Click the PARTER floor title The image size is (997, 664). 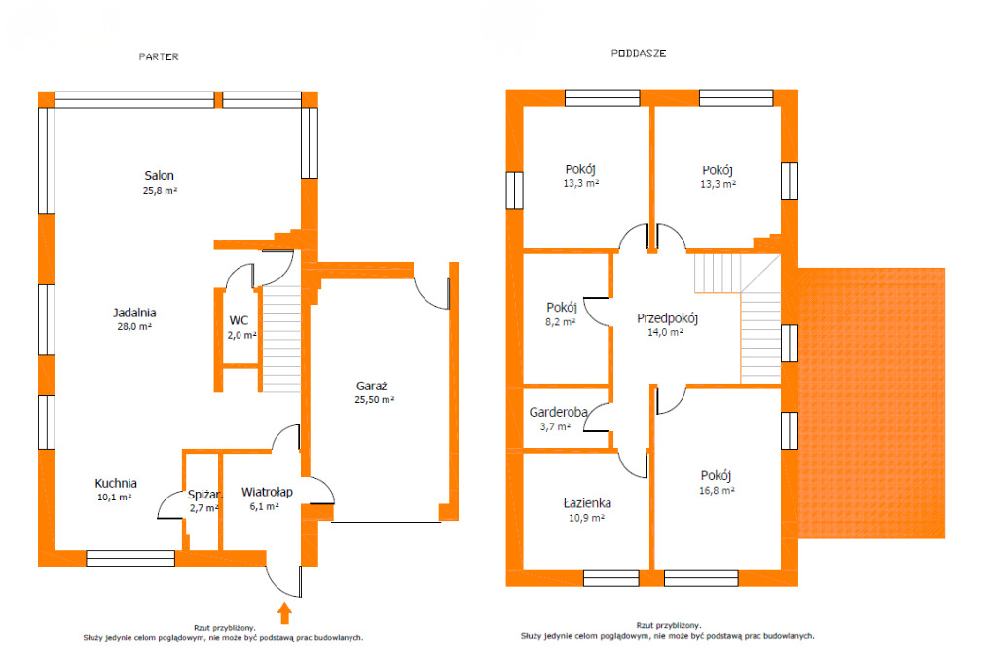click(x=159, y=56)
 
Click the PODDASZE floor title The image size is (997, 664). click(x=639, y=54)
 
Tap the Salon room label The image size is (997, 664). click(x=159, y=175)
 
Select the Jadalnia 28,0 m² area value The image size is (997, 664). click(x=134, y=327)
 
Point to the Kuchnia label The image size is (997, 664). click(x=116, y=483)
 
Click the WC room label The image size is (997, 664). click(x=239, y=320)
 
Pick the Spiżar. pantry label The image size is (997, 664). click(x=204, y=495)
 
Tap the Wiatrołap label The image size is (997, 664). click(x=267, y=492)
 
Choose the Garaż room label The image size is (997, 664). click(x=371, y=387)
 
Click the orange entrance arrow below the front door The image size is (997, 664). click(x=284, y=613)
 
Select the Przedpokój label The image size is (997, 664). click(x=668, y=318)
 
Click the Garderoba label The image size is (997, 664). click(x=558, y=412)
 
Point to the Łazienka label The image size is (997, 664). click(x=587, y=503)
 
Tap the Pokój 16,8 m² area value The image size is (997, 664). click(x=717, y=491)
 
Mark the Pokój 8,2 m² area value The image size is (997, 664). click(x=560, y=322)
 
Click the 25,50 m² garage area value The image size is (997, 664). click(x=375, y=400)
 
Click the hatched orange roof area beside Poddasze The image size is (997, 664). click(x=871, y=403)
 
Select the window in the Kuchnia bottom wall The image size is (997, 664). click(x=130, y=559)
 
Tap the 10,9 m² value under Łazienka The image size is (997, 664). click(x=586, y=518)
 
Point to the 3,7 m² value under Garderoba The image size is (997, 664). click(x=555, y=427)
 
